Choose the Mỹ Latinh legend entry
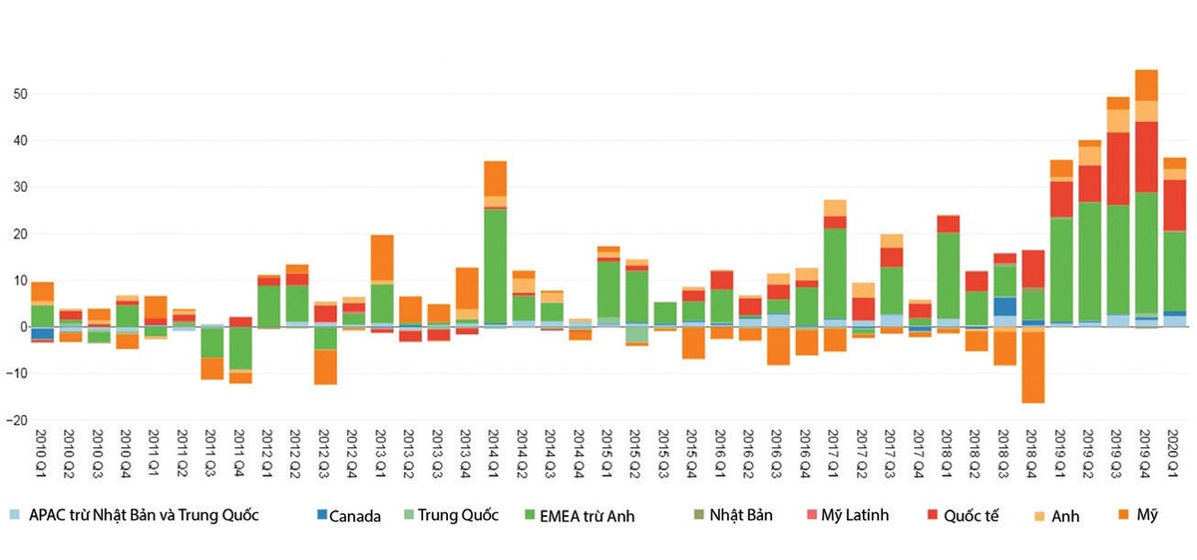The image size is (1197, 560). tap(854, 516)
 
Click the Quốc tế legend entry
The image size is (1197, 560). tap(970, 516)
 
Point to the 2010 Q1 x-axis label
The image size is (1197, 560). tap(42, 457)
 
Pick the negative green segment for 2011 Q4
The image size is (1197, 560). tap(240, 347)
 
